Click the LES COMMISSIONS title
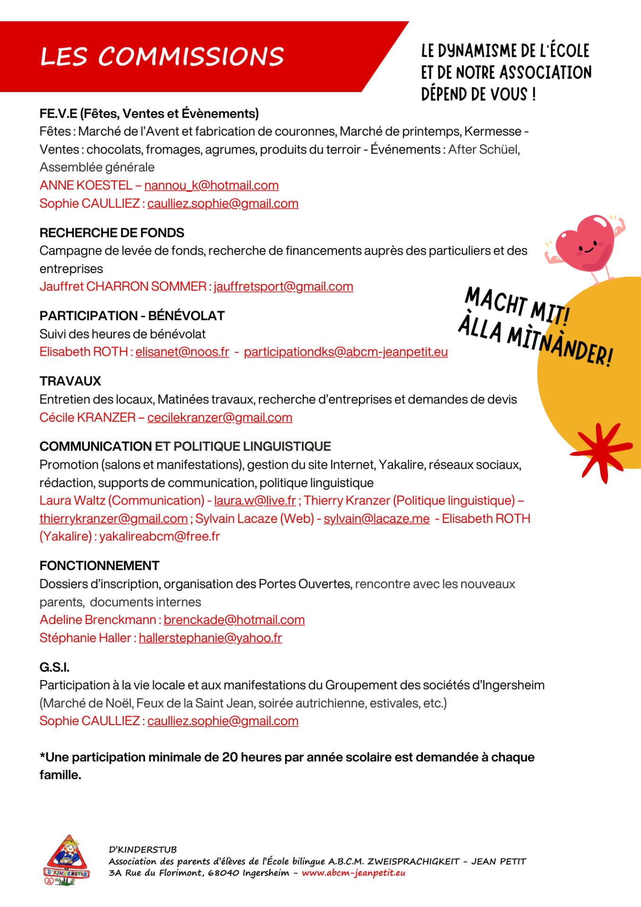[162, 57]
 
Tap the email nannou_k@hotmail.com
[211, 185]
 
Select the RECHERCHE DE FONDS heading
[112, 232]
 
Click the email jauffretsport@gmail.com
[283, 286]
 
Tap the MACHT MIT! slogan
[518, 306]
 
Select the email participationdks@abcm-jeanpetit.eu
[346, 352]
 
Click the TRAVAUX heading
[70, 381]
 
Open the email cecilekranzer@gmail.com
[220, 418]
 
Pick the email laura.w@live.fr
[255, 500]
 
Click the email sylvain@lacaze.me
[376, 519]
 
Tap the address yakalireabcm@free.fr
[160, 537]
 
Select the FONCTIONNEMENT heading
[100, 565]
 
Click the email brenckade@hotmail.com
[234, 620]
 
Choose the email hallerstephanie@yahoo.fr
[210, 638]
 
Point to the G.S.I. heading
[54, 667]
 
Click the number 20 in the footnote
[230, 757]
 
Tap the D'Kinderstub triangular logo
[67, 860]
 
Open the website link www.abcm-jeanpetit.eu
[353, 873]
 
